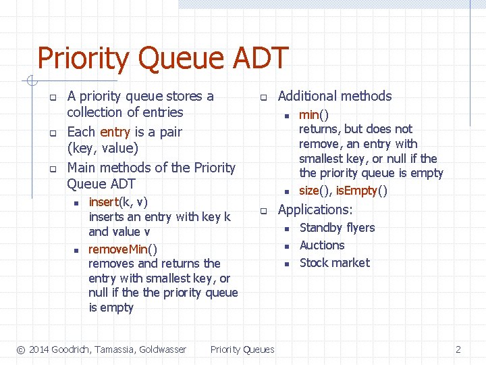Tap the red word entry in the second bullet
click(x=114, y=132)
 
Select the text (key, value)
click(x=102, y=148)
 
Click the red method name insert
click(x=103, y=201)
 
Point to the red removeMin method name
click(x=118, y=249)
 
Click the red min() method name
click(x=308, y=115)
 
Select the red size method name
click(x=308, y=191)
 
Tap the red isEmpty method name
click(x=356, y=191)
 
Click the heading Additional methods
click(x=335, y=96)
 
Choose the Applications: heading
click(x=315, y=210)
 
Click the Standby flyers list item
click(x=337, y=228)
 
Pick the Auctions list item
click(x=322, y=245)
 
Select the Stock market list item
click(x=335, y=263)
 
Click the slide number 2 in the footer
click(x=458, y=349)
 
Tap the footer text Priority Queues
click(x=242, y=349)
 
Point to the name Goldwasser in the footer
click(x=161, y=349)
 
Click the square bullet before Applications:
click(x=265, y=210)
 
